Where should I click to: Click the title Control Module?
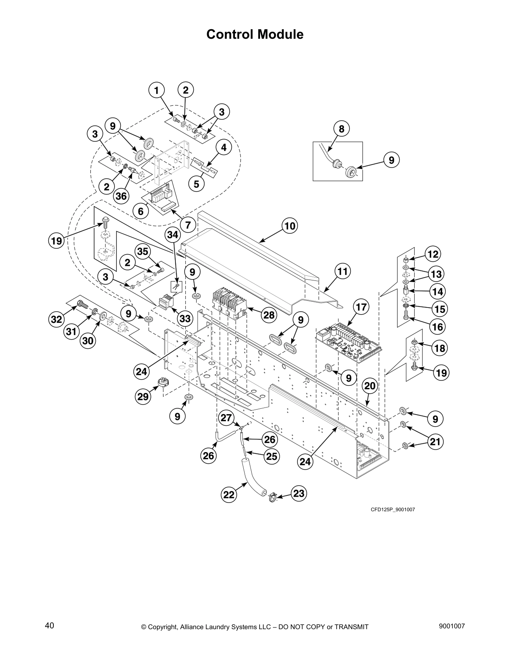coord(255,35)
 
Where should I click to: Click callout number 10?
coord(290,226)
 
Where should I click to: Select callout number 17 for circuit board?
coord(361,307)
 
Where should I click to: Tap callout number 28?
coord(269,315)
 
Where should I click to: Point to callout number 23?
coord(299,494)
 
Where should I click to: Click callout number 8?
coord(341,129)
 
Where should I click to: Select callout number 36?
coord(122,196)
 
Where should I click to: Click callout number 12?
coord(433,254)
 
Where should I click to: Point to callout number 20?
coord(370,386)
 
